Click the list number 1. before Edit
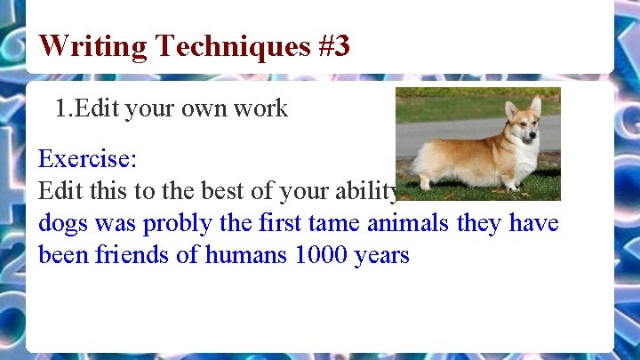64,109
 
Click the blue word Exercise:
87,160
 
